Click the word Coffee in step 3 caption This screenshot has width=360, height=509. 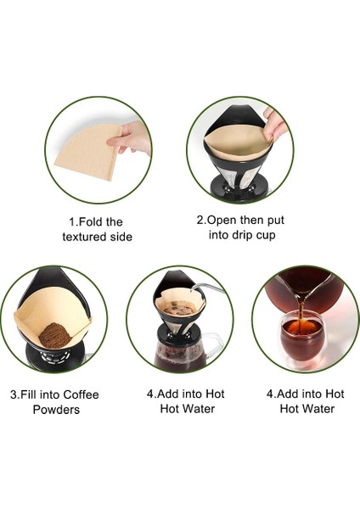tap(77, 394)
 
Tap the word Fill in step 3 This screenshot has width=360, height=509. tap(33, 394)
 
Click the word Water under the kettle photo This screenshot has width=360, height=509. tap(197, 409)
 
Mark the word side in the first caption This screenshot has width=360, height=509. tap(121, 237)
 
